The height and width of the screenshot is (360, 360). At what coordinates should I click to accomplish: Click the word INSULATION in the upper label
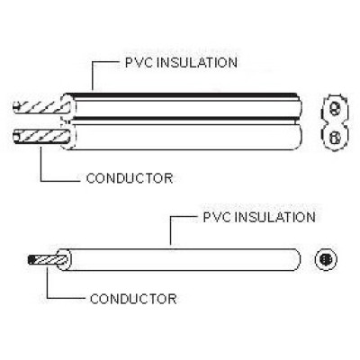[x=197, y=62]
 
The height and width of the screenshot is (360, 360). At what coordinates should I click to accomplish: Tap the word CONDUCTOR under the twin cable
[x=130, y=178]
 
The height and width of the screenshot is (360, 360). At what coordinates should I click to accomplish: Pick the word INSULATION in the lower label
[x=274, y=217]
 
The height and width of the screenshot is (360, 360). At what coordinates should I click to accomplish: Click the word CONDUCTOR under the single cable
[x=133, y=299]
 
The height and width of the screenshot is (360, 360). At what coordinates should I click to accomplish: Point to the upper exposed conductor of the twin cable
[x=38, y=107]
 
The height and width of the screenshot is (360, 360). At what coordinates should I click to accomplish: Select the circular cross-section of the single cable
[x=326, y=259]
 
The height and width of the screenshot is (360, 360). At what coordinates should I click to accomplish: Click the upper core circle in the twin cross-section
[x=334, y=108]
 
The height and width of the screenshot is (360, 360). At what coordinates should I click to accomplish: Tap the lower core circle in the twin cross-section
[x=334, y=139]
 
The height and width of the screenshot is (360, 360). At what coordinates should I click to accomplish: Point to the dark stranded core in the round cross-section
[x=326, y=259]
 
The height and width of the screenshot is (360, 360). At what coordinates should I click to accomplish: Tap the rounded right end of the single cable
[x=299, y=260]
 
